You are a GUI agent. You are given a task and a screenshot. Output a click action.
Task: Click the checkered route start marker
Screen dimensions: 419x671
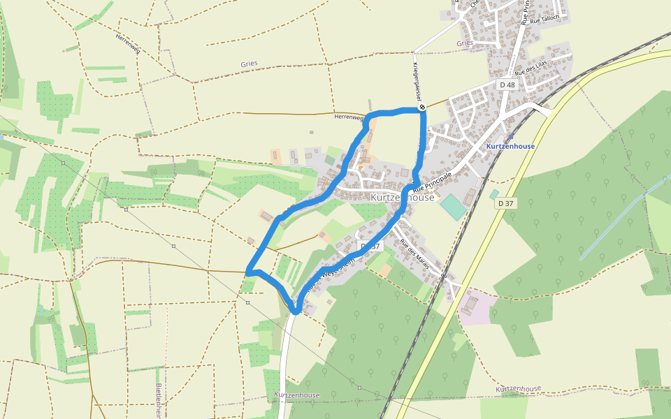422,108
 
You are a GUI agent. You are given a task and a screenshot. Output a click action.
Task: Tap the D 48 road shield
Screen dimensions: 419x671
507,84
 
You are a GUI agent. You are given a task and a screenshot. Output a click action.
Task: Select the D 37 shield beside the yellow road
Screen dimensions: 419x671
506,203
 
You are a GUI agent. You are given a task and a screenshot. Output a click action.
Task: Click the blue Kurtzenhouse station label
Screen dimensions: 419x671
510,147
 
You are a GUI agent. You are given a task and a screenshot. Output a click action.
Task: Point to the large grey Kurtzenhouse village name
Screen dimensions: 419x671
402,198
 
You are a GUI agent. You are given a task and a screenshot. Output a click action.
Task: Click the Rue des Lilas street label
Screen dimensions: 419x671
531,68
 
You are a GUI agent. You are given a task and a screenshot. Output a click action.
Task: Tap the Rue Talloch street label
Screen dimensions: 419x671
544,20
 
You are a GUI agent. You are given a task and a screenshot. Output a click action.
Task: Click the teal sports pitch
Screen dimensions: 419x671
453,207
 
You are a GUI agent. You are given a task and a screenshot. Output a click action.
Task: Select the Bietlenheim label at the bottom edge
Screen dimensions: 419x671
159,401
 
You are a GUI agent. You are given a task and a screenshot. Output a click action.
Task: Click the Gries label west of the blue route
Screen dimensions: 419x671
249,64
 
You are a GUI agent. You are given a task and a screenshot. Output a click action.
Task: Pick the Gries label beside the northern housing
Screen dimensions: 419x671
464,43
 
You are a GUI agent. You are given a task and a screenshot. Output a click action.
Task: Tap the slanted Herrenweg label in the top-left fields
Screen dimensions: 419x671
129,45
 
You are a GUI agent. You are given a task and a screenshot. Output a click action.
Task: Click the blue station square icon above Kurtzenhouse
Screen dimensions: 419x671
510,138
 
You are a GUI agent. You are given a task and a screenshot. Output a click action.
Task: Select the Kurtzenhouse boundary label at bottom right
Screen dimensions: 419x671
518,388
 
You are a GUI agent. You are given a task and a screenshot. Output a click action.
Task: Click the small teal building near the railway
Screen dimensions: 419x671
494,193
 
